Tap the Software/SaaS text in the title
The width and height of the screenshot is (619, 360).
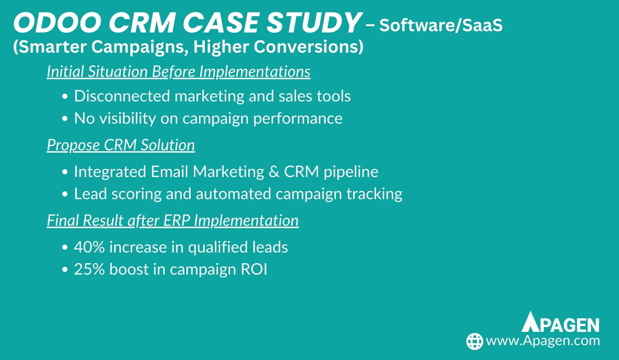tap(441, 25)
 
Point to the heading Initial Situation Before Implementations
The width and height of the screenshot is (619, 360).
tap(178, 72)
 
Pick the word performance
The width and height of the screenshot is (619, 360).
tap(298, 119)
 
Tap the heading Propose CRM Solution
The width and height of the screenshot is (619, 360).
tap(121, 145)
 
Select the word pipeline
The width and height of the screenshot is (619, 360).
tap(351, 172)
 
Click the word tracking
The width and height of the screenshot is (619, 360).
tap(374, 194)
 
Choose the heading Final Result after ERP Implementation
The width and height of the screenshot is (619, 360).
tap(173, 220)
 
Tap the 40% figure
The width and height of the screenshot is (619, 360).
tap(89, 247)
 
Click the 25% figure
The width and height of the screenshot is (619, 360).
tap(89, 269)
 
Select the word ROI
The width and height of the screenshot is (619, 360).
tap(254, 269)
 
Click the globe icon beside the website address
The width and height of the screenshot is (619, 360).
tap(474, 341)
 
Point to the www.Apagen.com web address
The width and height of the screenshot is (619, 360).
tap(543, 341)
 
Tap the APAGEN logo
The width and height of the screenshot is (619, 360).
tap(561, 322)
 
